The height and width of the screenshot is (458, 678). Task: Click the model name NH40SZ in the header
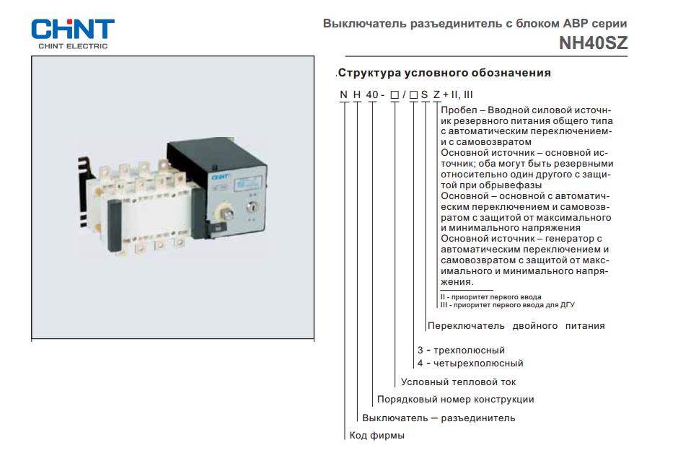coord(593,43)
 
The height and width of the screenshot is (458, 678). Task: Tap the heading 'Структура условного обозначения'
coord(444,73)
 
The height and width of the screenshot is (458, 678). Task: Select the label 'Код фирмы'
coord(377,436)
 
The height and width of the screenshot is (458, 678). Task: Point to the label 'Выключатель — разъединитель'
coord(439,418)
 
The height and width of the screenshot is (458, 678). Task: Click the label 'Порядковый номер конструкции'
coord(455,400)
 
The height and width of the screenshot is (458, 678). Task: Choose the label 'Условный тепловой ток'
coord(458,382)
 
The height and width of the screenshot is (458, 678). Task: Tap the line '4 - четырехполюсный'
coord(470,364)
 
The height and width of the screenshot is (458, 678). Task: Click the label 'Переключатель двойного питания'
coord(516,326)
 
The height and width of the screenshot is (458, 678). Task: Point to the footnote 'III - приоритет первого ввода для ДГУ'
coord(507,305)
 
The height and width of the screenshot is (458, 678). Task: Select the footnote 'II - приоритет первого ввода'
coord(490,297)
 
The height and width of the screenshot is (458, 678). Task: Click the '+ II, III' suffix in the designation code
coord(457,94)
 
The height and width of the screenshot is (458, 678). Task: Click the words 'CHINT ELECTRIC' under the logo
coord(72,46)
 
